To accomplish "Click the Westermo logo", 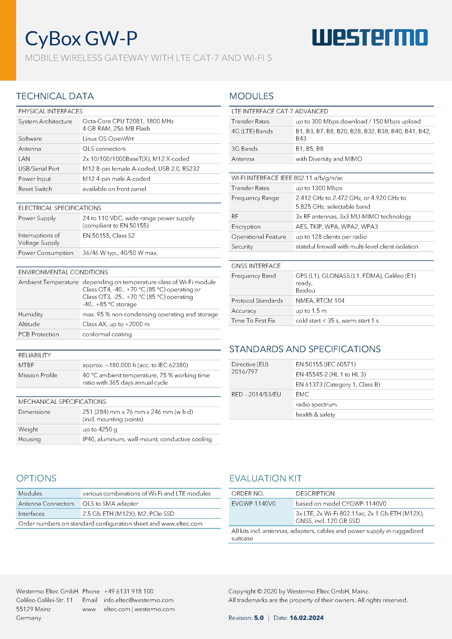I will coord(370,37).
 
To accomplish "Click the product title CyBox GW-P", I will coord(81,39).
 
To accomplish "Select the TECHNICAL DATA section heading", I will coord(55,96).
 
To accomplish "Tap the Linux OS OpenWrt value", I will coord(108,139).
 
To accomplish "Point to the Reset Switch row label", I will coord(35,189).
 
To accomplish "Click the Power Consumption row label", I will coord(46,253).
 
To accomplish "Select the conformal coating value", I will coord(107,334).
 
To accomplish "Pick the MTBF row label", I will coord(26,365).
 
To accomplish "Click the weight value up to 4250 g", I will coord(100,429).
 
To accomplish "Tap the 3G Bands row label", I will coord(244,149).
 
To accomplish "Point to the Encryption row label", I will coord(246,227).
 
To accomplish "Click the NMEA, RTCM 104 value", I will coord(320,301).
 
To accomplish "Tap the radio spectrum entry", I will coord(316,405).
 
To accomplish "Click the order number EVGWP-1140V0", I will coord(253,503).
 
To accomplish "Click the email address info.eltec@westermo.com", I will coord(139,600).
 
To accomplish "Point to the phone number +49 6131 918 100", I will coord(129,591).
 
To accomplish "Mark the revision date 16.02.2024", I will coord(306,618).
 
